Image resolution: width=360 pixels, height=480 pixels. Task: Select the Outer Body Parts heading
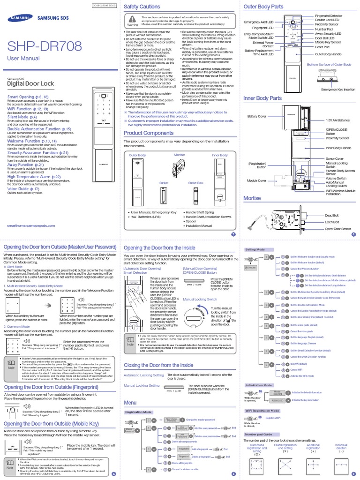click(x=263, y=7)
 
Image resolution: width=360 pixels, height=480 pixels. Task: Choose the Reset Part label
click(x=322, y=47)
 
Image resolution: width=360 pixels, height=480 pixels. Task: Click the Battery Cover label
click(x=256, y=116)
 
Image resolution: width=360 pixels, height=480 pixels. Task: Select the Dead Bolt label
click(x=332, y=215)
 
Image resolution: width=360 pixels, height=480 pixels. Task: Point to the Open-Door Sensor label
click(x=338, y=229)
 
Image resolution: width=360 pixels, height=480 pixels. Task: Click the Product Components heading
click(x=149, y=133)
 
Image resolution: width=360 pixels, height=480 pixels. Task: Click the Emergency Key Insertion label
click(x=336, y=89)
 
